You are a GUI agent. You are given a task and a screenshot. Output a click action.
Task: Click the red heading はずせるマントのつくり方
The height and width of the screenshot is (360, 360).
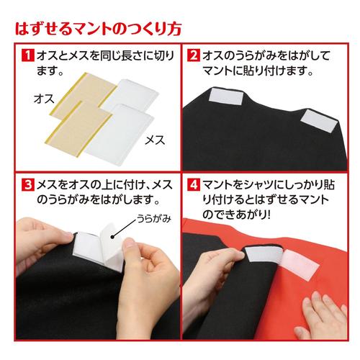pyautogui.click(x=94, y=30)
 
